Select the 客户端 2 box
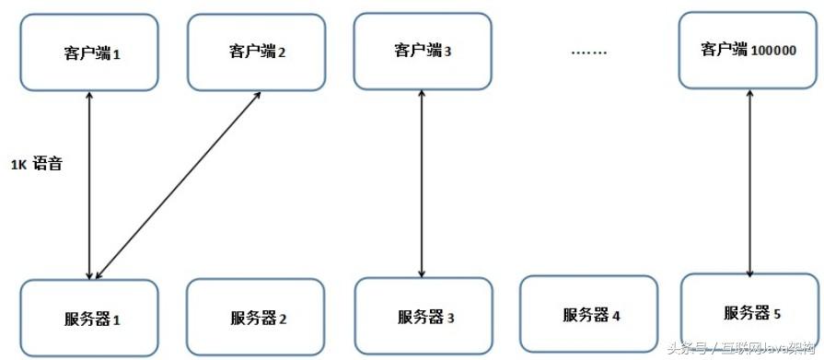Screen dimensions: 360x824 tap(257, 51)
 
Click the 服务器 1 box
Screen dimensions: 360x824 tap(88, 319)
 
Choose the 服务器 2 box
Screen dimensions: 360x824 tap(256, 319)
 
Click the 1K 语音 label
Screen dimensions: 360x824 tap(37, 164)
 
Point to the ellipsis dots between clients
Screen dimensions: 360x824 tap(589, 52)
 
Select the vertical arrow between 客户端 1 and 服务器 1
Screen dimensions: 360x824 tap(88, 184)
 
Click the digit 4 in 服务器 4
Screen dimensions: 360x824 tap(616, 316)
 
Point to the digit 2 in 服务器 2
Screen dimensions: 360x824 tap(284, 320)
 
